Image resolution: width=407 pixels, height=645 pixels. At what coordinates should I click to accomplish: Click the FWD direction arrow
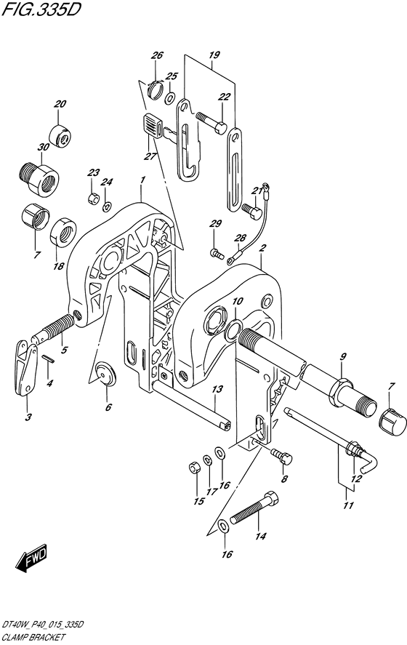pos(32,559)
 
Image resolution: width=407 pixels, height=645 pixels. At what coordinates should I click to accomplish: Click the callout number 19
pos(214,55)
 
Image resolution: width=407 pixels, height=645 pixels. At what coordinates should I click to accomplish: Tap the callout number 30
pos(44,148)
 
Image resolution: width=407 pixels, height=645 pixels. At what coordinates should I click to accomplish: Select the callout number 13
pos(217,389)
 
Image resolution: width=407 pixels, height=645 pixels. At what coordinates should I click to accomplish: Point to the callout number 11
pos(348,505)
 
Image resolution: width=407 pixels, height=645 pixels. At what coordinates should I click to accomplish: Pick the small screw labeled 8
pos(281,455)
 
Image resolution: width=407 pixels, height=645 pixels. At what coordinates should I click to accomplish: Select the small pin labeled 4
pos(48,358)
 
